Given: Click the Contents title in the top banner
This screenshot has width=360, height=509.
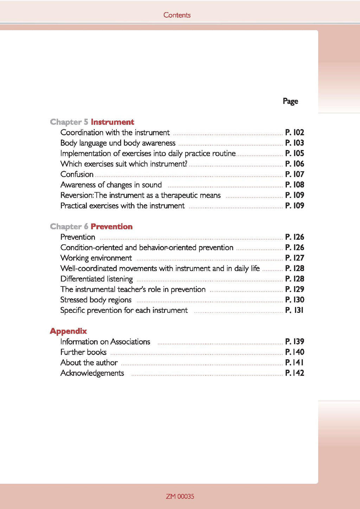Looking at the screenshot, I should [x=177, y=15].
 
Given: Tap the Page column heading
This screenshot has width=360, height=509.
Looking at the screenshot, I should [x=290, y=101].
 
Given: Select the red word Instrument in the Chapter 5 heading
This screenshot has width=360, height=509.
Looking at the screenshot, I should [x=112, y=122].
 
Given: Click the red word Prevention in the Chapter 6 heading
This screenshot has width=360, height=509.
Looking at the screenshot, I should [x=111, y=227].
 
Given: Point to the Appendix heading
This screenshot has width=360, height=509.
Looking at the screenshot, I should [x=68, y=331].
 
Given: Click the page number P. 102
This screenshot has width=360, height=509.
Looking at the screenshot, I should [x=295, y=133].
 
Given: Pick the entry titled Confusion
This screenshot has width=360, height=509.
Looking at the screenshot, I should [x=77, y=174].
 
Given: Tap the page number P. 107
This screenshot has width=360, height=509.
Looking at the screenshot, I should [x=295, y=174].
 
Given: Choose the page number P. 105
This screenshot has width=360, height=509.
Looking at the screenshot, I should [x=295, y=153].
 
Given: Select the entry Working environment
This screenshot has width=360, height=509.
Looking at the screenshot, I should [x=96, y=258].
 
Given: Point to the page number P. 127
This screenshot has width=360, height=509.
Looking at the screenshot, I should [x=295, y=258].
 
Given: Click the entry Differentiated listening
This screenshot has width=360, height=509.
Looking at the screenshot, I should [x=97, y=279].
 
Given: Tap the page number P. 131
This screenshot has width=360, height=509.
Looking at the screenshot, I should [x=294, y=310].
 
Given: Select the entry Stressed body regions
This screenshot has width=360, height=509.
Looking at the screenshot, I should [x=96, y=300].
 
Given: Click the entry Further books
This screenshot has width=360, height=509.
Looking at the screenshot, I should [x=83, y=352].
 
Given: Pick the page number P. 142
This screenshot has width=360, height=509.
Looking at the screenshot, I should [x=295, y=373].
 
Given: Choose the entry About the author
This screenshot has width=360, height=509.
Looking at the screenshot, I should [x=89, y=363].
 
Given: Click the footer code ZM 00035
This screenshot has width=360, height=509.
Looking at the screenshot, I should [x=180, y=496].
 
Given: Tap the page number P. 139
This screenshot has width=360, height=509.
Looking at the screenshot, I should [x=295, y=342].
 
